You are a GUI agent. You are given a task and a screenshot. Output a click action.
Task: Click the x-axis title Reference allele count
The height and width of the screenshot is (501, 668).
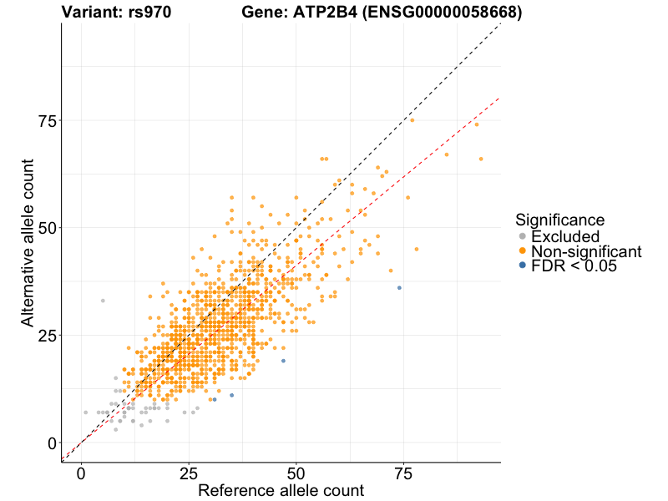click(281, 490)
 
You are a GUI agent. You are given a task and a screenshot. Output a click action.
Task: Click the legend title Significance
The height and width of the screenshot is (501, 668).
click(560, 220)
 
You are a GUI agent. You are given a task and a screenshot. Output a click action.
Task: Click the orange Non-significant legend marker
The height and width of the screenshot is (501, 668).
click(523, 251)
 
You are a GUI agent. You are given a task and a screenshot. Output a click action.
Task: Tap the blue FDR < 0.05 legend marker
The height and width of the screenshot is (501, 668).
click(523, 266)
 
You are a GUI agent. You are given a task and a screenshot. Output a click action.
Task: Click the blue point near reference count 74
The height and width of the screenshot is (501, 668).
click(399, 287)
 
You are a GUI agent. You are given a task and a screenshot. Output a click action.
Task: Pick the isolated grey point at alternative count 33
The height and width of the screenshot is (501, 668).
click(103, 301)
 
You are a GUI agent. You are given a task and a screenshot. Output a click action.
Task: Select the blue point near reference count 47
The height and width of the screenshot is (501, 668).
click(283, 361)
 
